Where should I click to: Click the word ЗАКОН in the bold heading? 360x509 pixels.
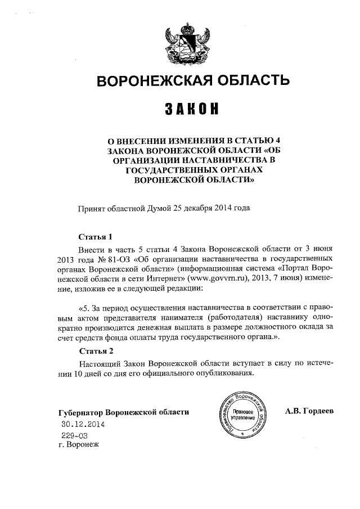[x=191, y=108]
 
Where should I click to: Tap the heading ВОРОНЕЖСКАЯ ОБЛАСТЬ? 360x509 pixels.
[x=194, y=81]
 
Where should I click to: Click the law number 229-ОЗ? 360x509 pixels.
[x=74, y=435]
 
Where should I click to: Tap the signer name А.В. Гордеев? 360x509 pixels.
[x=309, y=411]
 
